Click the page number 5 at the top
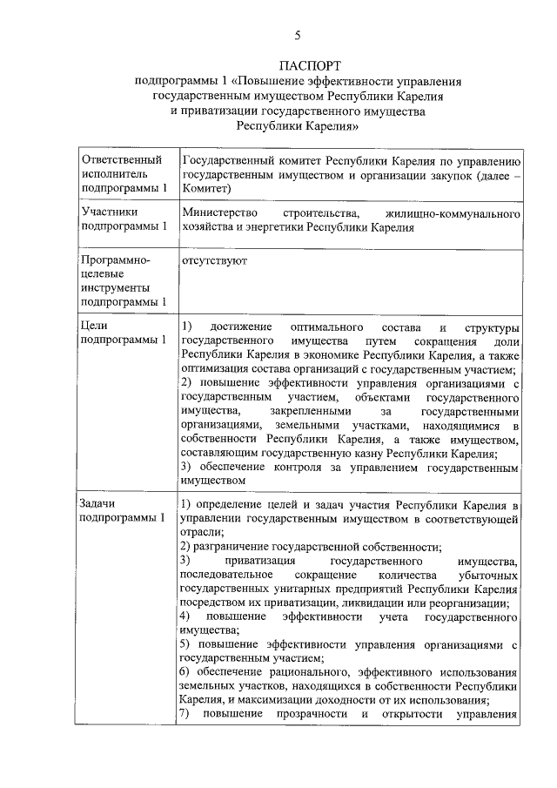[x=298, y=36]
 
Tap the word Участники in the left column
[x=108, y=212]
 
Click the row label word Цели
[x=94, y=327]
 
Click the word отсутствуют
[x=214, y=260]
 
